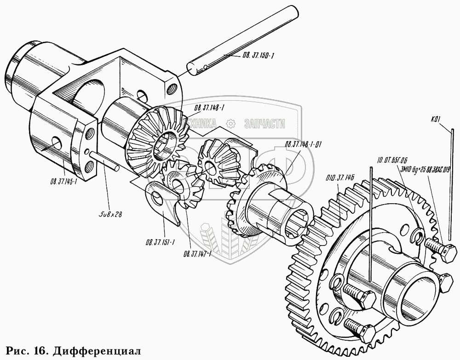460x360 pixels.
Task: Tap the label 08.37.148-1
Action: click(x=211, y=109)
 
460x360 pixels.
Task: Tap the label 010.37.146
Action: click(x=340, y=177)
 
